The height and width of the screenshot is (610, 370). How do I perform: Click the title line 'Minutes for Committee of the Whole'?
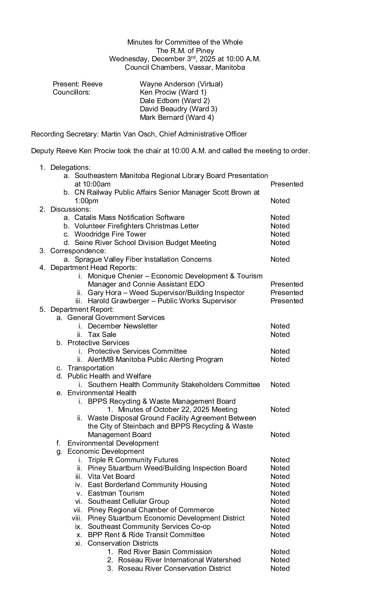pyautogui.click(x=185, y=42)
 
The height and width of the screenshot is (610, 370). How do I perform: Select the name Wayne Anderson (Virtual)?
pyautogui.click(x=181, y=84)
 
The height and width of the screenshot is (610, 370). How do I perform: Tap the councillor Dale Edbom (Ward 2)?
pyautogui.click(x=174, y=101)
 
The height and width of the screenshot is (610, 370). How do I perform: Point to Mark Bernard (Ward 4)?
pyautogui.click(x=176, y=117)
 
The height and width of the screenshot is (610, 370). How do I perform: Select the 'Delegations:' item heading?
pyautogui.click(x=70, y=167)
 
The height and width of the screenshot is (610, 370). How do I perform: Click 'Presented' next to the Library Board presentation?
pyautogui.click(x=287, y=184)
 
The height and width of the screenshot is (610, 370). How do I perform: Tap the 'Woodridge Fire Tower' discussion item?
pyautogui.click(x=110, y=234)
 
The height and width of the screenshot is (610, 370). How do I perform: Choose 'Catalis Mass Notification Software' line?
pyautogui.click(x=129, y=218)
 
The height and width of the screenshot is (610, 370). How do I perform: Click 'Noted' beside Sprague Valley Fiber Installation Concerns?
pyautogui.click(x=280, y=259)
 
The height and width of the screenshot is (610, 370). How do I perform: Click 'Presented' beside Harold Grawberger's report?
pyautogui.click(x=287, y=301)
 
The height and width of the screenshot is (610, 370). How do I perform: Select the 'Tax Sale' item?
pyautogui.click(x=102, y=335)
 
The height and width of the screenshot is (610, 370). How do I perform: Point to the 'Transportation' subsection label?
pyautogui.click(x=90, y=368)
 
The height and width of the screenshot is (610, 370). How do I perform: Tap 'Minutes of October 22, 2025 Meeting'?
pyautogui.click(x=178, y=410)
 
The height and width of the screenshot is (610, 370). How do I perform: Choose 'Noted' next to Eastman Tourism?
pyautogui.click(x=280, y=493)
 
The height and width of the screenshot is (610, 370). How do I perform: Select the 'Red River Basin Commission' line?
pyautogui.click(x=165, y=552)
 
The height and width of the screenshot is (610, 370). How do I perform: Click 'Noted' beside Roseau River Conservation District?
pyautogui.click(x=280, y=568)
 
